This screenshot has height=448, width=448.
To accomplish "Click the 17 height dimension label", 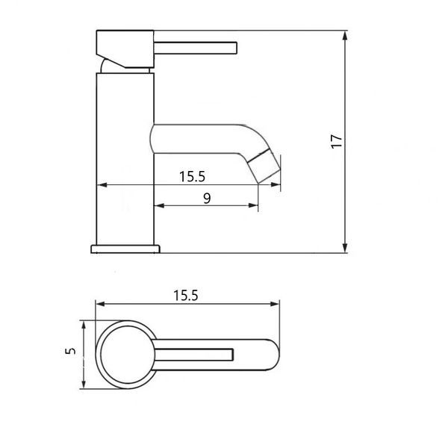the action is pos(337,141).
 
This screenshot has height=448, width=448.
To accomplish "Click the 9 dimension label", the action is pos(207,199).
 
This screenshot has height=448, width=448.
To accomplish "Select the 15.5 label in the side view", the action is pos(192,176).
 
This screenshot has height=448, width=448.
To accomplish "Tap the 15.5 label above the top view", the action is pos(186,296).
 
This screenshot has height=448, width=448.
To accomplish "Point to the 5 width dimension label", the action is pos(71,351).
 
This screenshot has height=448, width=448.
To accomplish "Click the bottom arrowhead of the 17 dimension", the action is pos(345,248).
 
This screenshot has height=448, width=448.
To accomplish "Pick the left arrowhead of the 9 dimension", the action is pos(159,205).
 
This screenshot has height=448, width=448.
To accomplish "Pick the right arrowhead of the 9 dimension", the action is pos(253,205).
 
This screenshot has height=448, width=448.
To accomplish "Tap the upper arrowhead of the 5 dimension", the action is pos(84,326).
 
